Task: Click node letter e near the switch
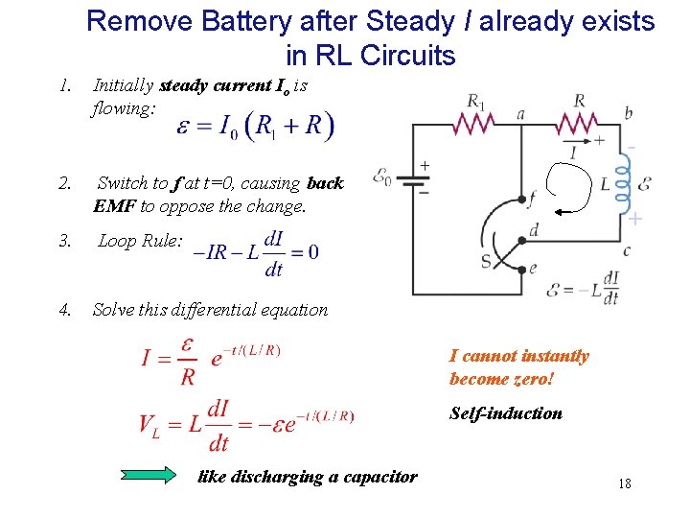click(534, 268)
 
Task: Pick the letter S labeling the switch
click(487, 260)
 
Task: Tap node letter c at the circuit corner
click(627, 250)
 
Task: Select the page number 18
click(625, 483)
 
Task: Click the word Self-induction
click(506, 413)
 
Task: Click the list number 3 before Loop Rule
click(64, 241)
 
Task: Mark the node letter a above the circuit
click(520, 113)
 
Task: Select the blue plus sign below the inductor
click(634, 220)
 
